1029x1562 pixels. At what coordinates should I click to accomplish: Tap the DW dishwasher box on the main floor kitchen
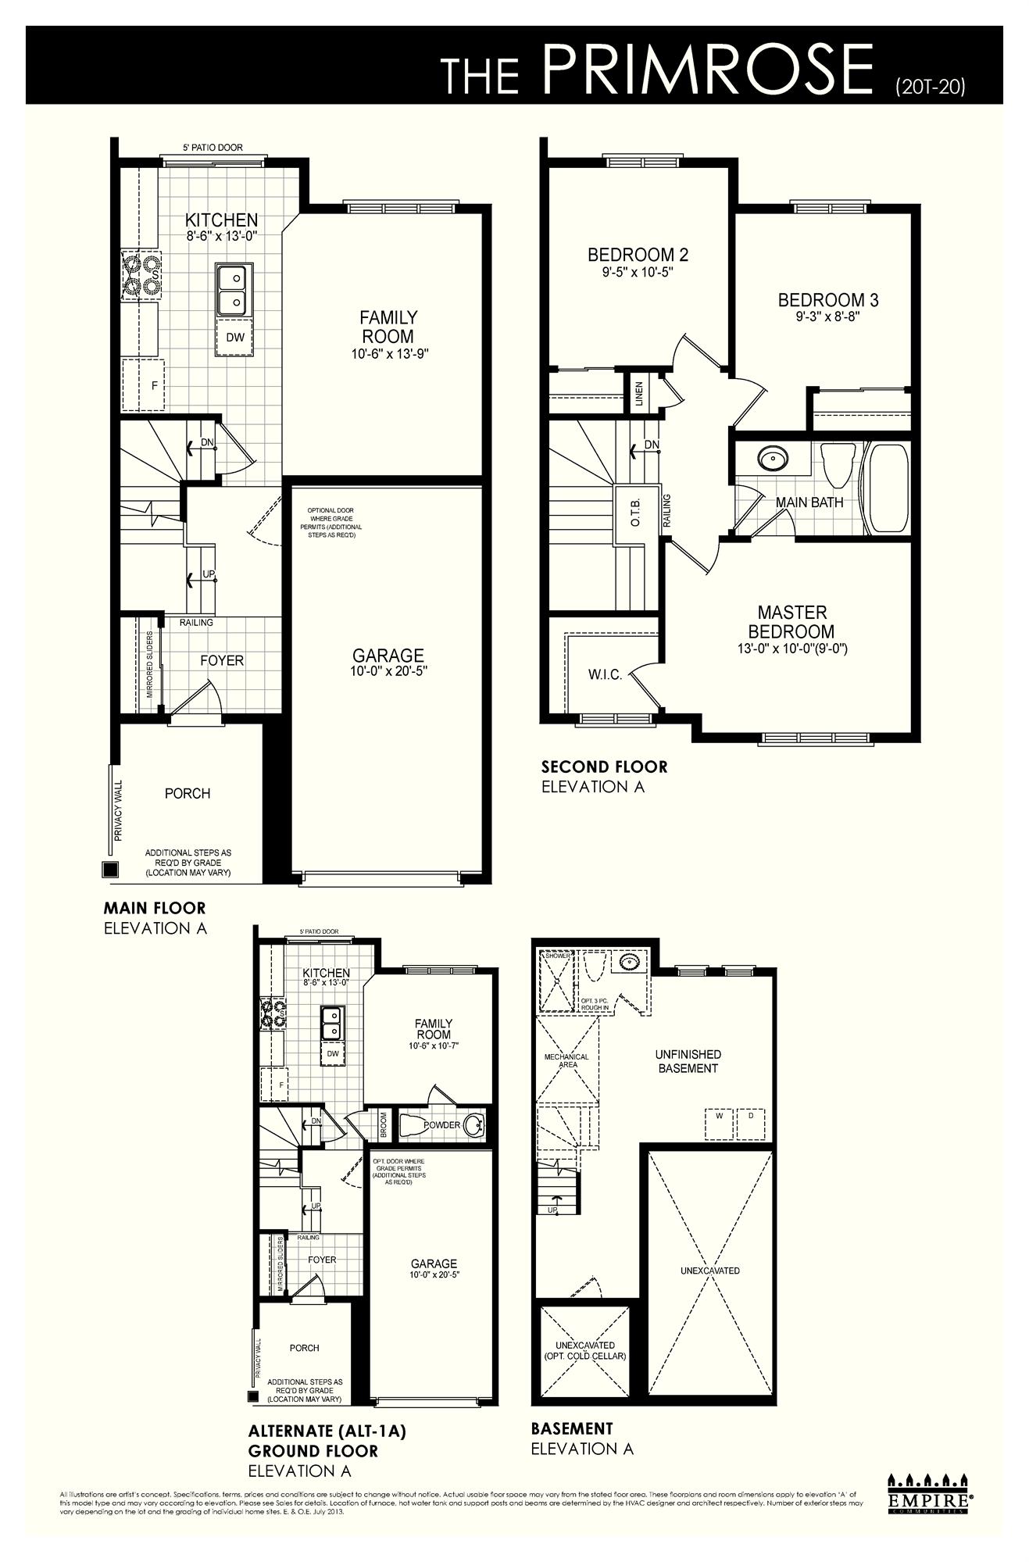(x=235, y=338)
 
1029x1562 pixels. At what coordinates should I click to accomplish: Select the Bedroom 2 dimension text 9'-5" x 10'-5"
(x=637, y=273)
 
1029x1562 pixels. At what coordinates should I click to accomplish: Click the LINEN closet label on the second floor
(x=639, y=392)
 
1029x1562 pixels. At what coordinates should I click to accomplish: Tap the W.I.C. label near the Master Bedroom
(x=605, y=675)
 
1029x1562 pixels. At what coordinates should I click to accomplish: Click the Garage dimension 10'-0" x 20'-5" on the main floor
(x=388, y=671)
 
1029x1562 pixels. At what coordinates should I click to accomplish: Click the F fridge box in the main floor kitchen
(x=155, y=385)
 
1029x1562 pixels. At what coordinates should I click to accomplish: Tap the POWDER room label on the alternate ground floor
(x=441, y=1125)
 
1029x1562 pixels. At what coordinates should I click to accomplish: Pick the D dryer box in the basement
(x=751, y=1116)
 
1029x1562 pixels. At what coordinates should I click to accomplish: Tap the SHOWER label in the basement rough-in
(x=558, y=956)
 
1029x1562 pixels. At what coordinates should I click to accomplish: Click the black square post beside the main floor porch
(x=110, y=870)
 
